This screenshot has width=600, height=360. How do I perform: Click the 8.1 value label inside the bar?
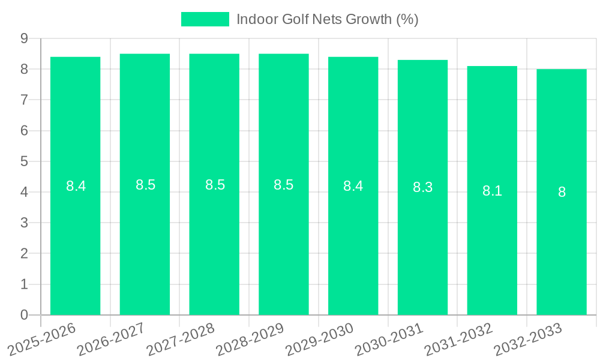[492, 191]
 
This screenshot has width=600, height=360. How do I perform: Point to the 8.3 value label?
[422, 187]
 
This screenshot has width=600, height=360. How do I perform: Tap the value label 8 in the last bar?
[562, 193]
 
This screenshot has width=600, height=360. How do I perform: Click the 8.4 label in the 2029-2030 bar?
[353, 186]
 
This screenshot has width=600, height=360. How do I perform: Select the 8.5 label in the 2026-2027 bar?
[145, 185]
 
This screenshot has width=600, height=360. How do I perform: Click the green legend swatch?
[205, 19]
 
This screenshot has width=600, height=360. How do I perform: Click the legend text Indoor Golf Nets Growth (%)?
[327, 19]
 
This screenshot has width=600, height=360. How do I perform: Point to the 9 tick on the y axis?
[24, 38]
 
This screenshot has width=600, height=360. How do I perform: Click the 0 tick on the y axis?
[24, 315]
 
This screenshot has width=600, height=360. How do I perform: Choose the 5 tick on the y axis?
[24, 161]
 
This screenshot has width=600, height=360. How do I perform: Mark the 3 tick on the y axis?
[24, 223]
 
